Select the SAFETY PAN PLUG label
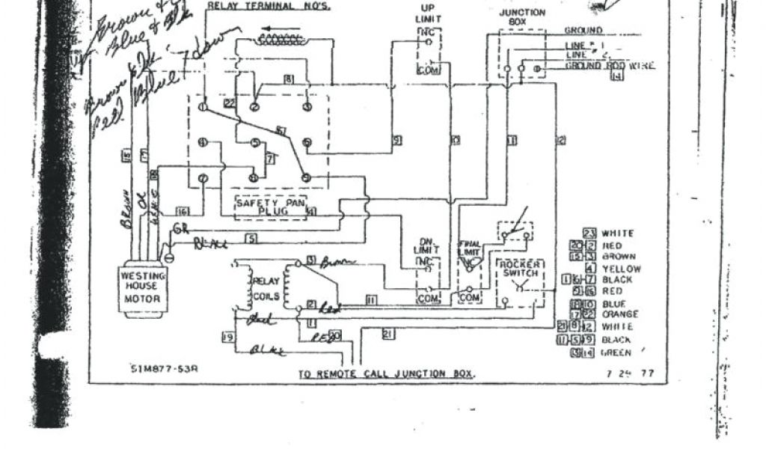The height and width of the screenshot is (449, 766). coord(267,207)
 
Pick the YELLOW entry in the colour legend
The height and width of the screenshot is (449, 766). coord(621,268)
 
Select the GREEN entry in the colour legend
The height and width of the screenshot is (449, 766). coord(616,352)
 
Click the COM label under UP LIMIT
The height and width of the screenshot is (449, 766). coord(427,70)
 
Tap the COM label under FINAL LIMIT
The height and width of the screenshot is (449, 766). coord(469,297)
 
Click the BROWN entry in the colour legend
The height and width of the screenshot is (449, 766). coord(620,257)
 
